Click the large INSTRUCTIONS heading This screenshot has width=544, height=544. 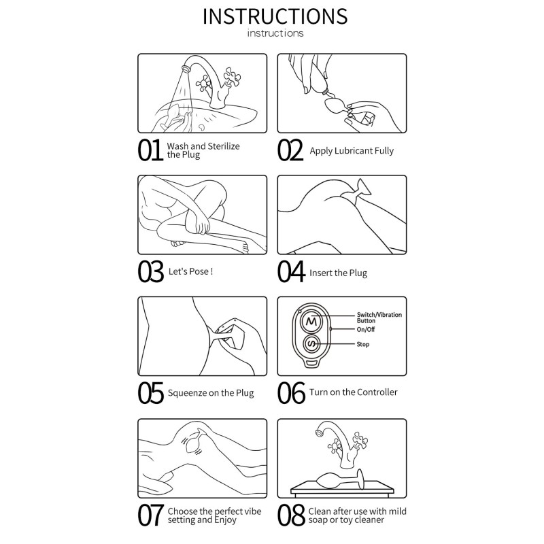click(275, 16)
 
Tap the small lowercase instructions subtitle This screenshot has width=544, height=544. click(275, 33)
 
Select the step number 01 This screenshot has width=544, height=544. click(150, 150)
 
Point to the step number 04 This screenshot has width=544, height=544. click(291, 271)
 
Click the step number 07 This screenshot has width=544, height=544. click(150, 515)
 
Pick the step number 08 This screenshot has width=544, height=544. click(291, 515)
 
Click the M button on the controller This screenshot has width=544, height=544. click(311, 322)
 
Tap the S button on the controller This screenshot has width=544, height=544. click(312, 344)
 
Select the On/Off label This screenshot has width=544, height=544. click(366, 329)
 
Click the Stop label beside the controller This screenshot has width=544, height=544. click(363, 344)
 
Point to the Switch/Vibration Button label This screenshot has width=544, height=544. click(379, 318)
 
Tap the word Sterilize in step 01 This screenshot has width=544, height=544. click(224, 146)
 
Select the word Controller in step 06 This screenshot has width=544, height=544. click(377, 392)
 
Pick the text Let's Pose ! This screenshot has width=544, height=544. click(190, 271)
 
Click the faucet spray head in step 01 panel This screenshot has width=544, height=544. click(186, 67)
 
